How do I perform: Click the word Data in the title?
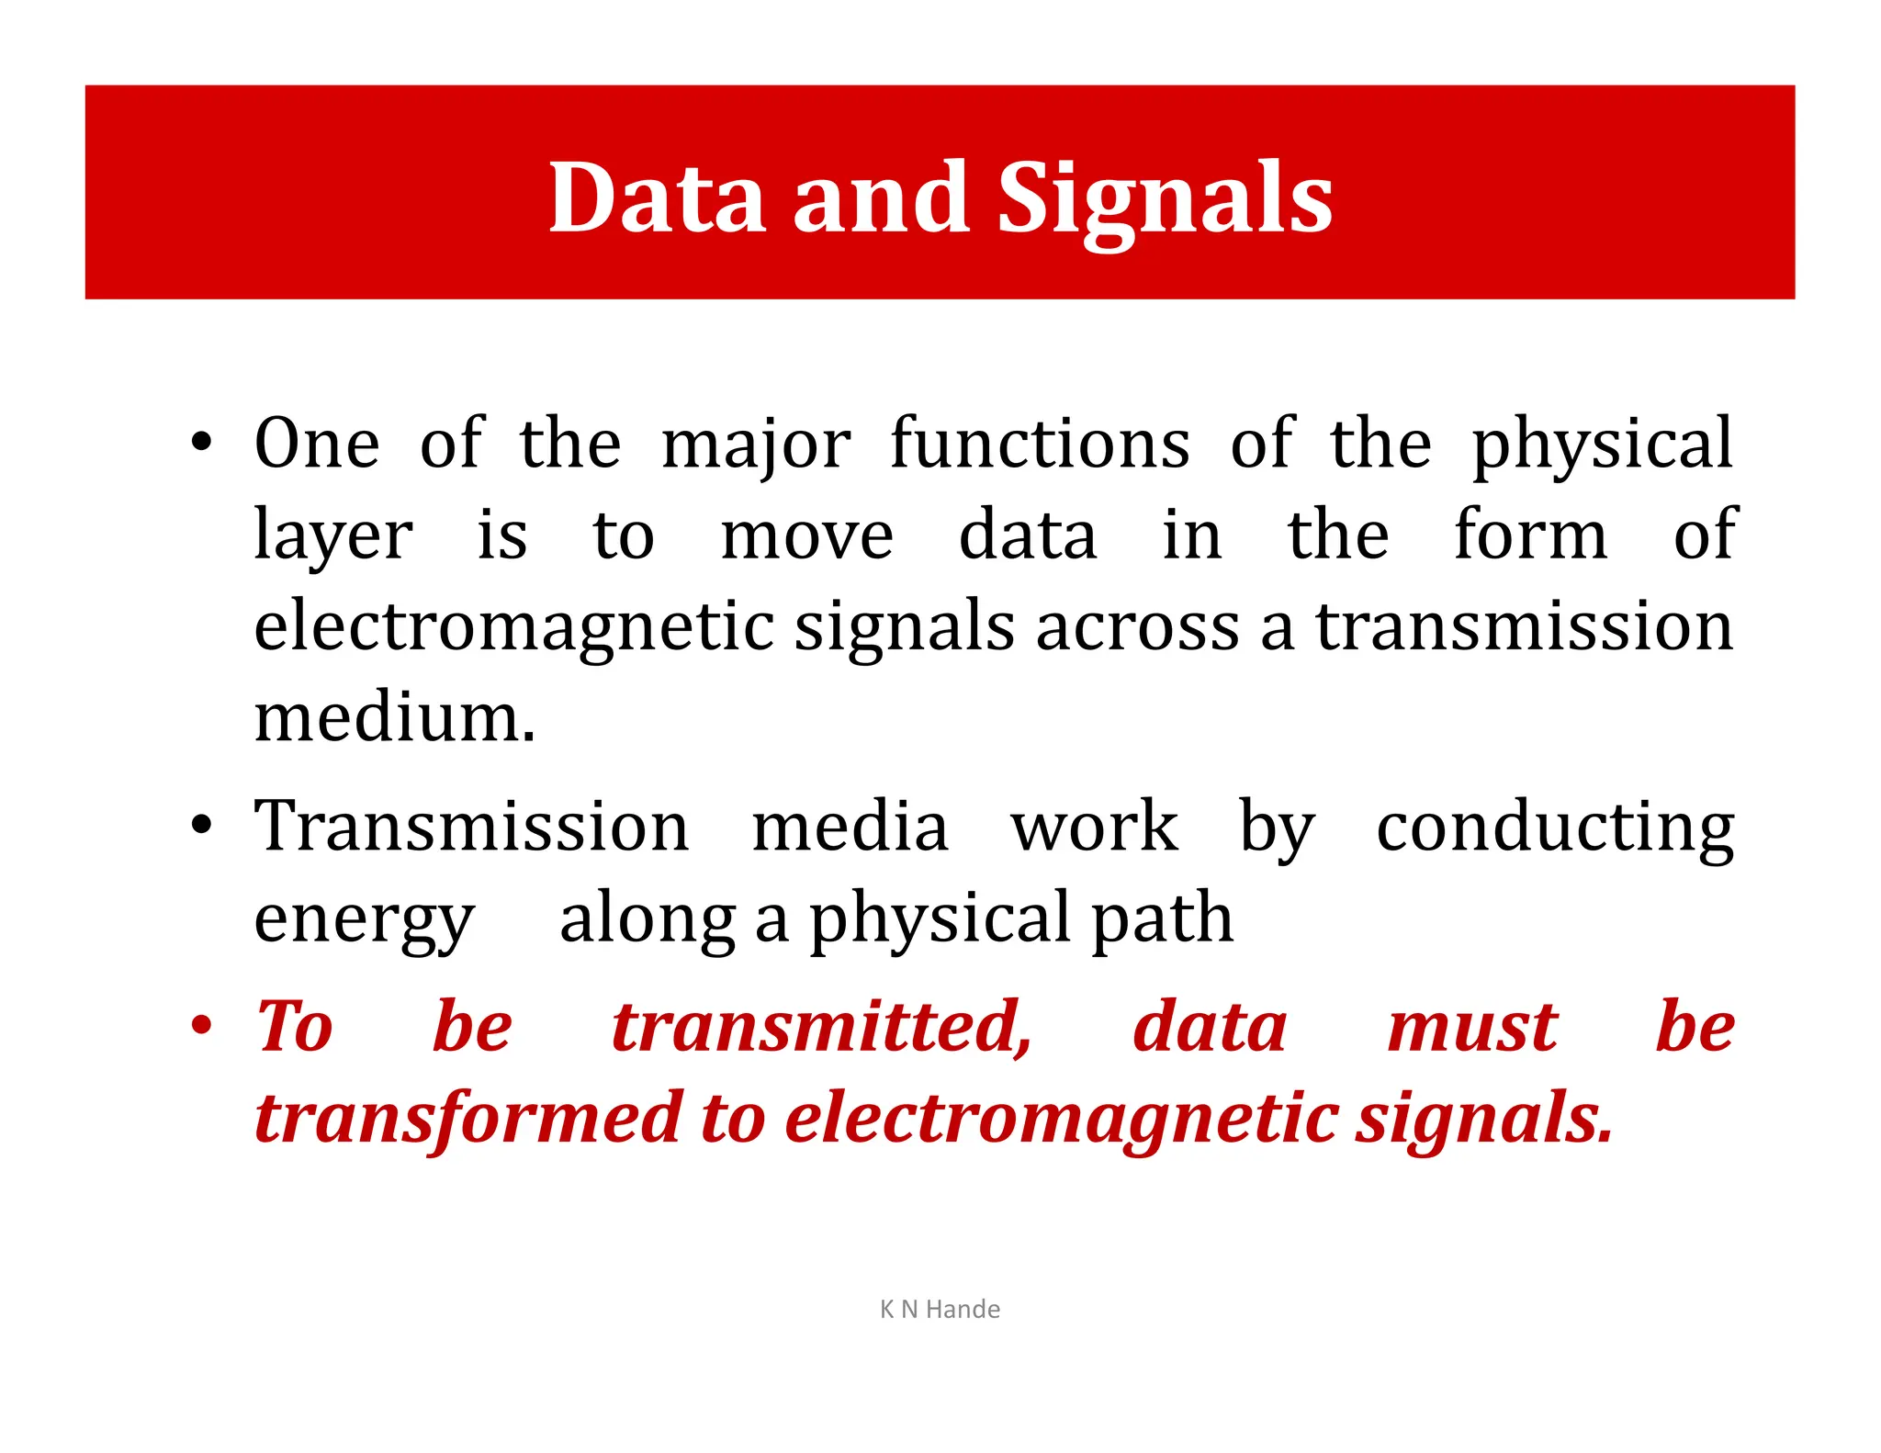(657, 197)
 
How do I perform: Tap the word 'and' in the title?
(881, 197)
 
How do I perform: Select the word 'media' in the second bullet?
(850, 827)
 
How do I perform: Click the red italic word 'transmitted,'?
(822, 1028)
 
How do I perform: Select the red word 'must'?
(1471, 1028)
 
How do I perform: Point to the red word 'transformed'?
(467, 1119)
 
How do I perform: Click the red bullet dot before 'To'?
(201, 1026)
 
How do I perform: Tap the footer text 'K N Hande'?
(940, 1309)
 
